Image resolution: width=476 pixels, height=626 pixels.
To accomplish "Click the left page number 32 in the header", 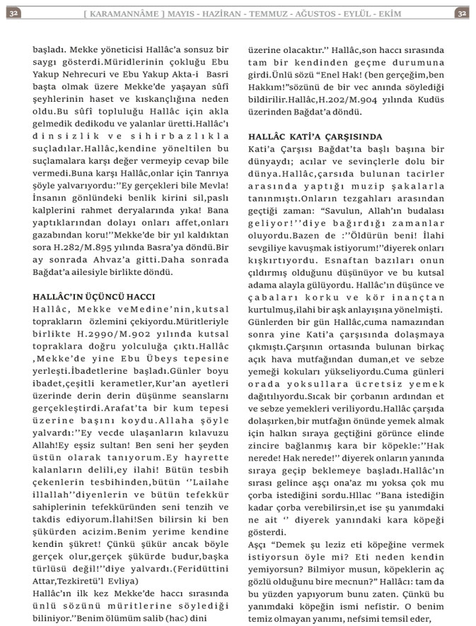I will (x=14, y=13).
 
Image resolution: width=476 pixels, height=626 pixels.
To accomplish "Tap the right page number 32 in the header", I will (x=461, y=13).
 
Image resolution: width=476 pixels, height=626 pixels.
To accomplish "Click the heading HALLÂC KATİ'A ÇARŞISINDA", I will (x=315, y=136).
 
